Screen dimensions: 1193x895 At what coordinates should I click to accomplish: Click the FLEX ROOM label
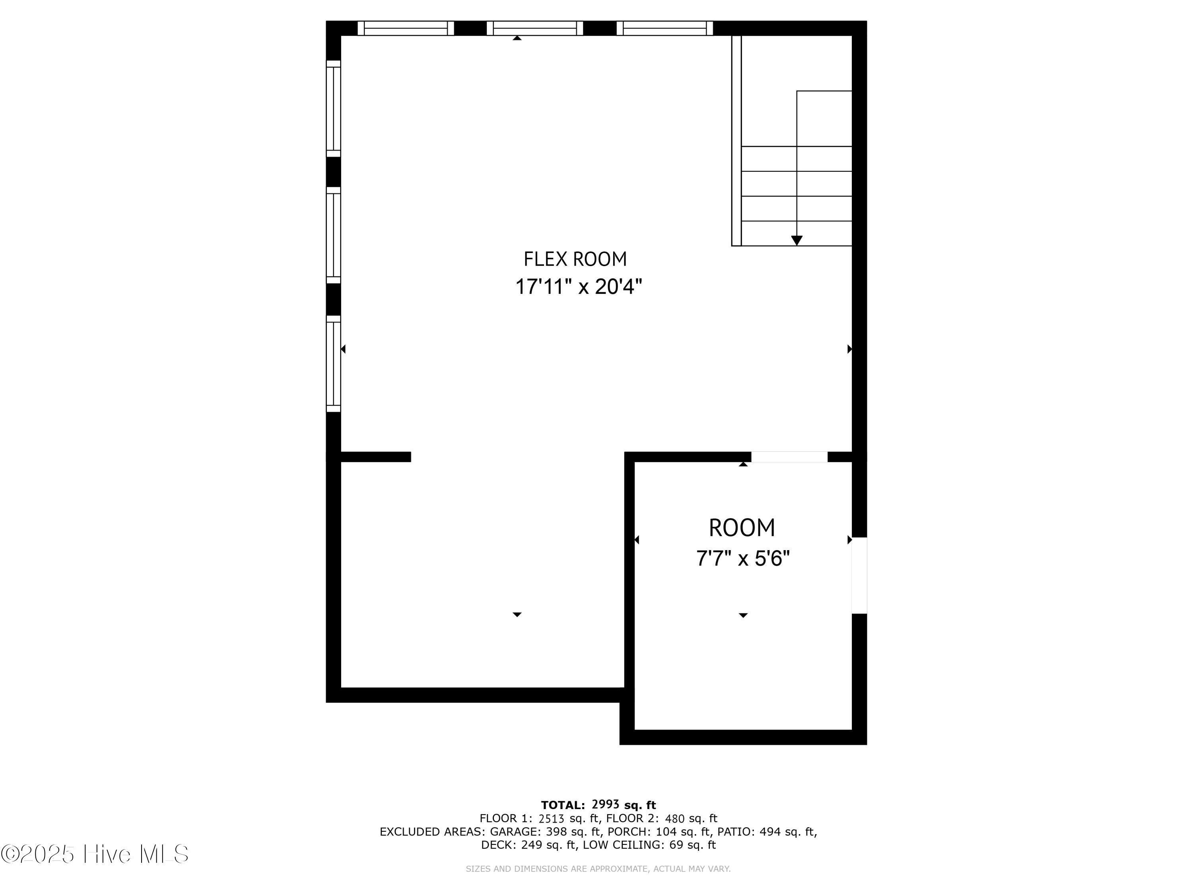575,259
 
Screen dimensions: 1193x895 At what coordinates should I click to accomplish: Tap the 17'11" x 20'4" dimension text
579,286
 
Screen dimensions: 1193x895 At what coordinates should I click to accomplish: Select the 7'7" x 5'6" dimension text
743,558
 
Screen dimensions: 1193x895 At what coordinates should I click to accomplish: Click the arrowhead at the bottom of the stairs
797,241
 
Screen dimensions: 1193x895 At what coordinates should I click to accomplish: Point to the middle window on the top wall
535,28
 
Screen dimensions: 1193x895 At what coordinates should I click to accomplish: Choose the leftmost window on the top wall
406,28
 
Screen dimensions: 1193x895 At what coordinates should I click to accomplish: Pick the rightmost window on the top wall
665,28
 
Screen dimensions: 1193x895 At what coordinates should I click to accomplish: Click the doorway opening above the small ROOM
790,457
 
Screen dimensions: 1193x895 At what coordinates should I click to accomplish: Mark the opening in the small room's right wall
859,576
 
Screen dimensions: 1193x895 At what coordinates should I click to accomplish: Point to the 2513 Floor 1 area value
552,818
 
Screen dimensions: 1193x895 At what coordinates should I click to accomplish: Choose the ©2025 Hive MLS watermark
95,854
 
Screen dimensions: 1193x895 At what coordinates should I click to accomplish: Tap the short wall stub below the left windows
376,457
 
